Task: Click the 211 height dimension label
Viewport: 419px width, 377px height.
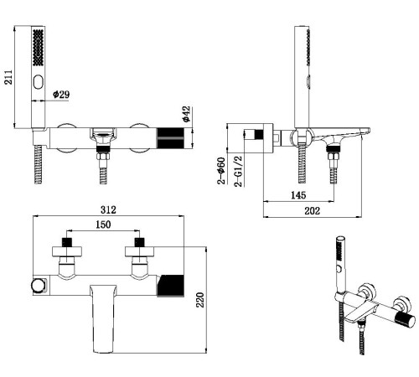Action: click(x=8, y=77)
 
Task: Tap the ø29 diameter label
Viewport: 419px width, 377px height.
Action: click(x=61, y=95)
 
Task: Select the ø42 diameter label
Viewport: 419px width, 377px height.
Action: click(x=186, y=114)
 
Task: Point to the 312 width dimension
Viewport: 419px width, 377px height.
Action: click(x=108, y=209)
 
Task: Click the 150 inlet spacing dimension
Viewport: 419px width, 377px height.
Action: click(x=103, y=225)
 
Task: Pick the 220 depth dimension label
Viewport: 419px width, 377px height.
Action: click(x=200, y=300)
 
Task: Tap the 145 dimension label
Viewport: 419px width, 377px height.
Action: click(x=298, y=195)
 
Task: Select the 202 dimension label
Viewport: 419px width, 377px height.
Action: click(x=312, y=210)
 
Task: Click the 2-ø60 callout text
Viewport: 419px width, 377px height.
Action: click(x=221, y=171)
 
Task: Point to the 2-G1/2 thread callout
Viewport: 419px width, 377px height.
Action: click(x=238, y=171)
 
